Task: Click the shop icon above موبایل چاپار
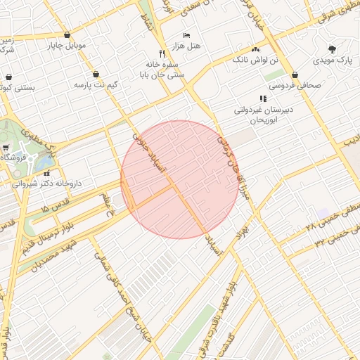tap(67, 34)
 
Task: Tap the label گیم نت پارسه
tap(96, 84)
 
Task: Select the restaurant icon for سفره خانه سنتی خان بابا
tap(162, 53)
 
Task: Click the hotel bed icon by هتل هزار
tap(186, 35)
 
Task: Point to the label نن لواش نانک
tap(255, 60)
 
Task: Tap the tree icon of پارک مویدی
tap(333, 50)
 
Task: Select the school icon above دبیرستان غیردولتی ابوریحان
tap(263, 99)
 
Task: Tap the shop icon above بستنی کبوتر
tap(8, 77)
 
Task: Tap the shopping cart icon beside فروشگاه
tap(6, 148)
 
